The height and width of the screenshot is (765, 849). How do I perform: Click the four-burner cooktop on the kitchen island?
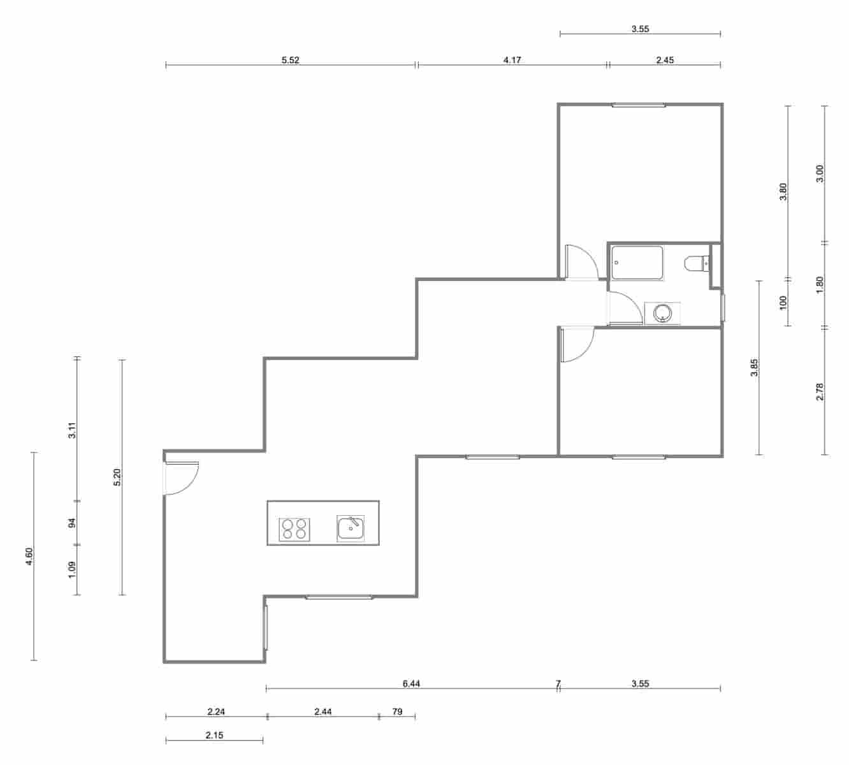(294, 529)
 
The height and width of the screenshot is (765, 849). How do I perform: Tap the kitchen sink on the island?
(351, 528)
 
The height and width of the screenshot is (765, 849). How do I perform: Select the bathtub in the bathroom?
(636, 263)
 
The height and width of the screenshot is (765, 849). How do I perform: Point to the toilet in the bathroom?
(697, 263)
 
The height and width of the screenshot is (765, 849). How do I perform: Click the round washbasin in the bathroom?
(663, 313)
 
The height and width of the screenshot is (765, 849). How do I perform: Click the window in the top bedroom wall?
(639, 105)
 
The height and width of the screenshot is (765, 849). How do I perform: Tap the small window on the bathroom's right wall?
(723, 307)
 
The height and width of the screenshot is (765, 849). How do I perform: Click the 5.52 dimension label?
(291, 61)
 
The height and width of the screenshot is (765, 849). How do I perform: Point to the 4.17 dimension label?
(512, 61)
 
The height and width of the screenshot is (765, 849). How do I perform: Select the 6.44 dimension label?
(411, 684)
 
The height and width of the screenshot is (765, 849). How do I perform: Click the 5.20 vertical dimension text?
(117, 477)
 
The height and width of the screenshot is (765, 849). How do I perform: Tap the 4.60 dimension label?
(29, 556)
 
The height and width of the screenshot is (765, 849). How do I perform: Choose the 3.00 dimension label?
(820, 173)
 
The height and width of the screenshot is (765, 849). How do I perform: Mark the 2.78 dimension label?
(820, 391)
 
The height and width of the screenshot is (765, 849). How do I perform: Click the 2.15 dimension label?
(214, 735)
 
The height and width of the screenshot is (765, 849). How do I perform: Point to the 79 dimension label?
(397, 712)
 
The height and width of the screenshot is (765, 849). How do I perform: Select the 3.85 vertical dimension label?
(754, 368)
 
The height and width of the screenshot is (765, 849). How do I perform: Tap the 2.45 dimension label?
(664, 61)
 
